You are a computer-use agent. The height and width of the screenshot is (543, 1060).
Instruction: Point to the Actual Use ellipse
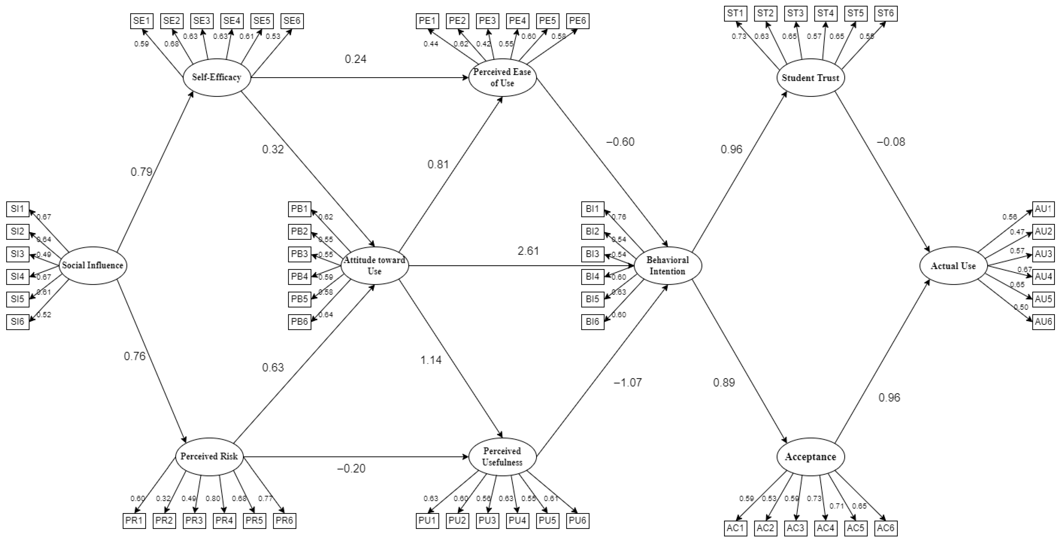pos(953,266)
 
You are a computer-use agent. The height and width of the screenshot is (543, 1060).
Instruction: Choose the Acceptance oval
pos(810,457)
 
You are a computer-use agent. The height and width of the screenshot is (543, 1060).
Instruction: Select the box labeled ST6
pos(886,13)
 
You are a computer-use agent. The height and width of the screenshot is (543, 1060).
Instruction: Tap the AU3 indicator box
pos(1043,254)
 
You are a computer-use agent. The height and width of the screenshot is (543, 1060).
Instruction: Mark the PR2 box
pos(164,520)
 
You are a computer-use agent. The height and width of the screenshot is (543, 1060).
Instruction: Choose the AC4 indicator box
pos(825,528)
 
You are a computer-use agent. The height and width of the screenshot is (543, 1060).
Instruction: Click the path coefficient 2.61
pos(528,251)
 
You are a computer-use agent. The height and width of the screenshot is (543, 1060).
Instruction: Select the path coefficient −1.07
pos(628,382)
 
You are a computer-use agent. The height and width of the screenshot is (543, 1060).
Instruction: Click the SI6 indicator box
pos(18,321)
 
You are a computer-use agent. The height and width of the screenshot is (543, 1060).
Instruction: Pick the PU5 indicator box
pos(547,520)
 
